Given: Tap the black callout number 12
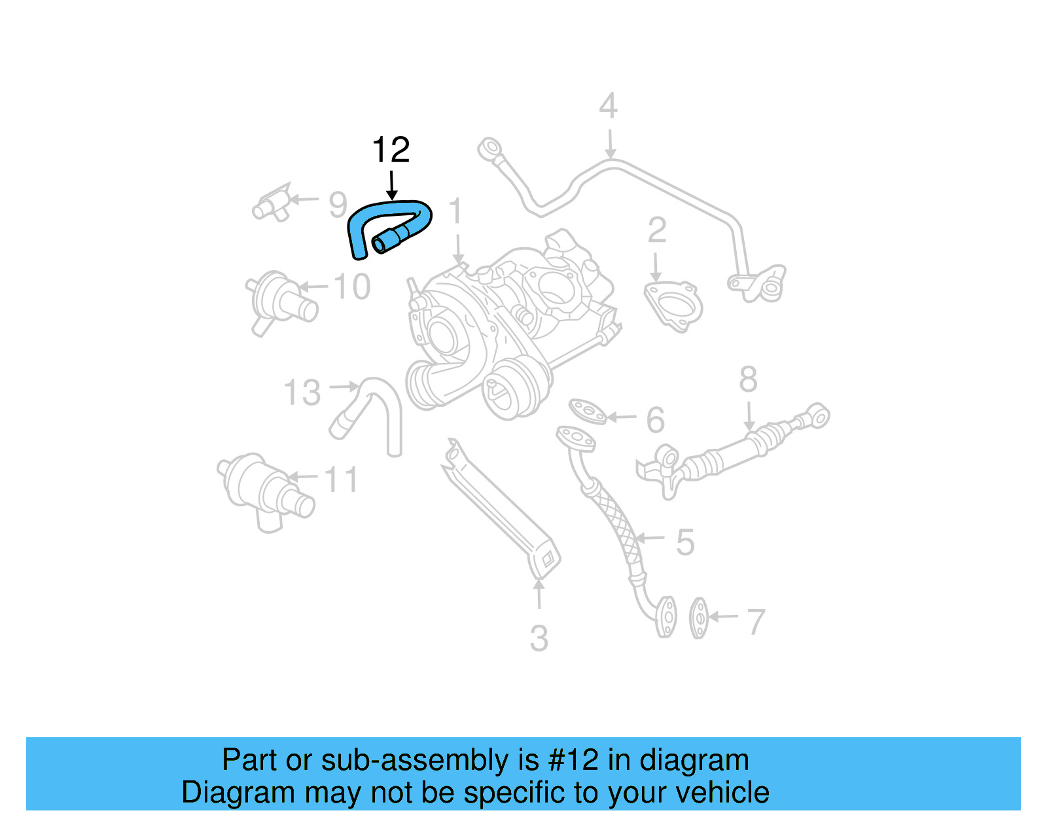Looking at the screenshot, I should tap(391, 150).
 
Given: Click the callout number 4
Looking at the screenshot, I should tap(608, 107).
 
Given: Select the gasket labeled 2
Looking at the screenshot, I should tap(673, 305).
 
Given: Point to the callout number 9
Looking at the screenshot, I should tap(338, 205).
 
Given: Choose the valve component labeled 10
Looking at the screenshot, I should tap(278, 301).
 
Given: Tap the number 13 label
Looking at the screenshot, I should tap(302, 393).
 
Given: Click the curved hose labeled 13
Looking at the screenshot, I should tap(380, 409).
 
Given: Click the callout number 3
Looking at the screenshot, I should tap(539, 638).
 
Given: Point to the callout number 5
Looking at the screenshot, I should tap(684, 542).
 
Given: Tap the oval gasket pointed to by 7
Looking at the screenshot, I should tap(698, 617).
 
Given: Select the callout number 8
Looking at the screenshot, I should tap(748, 379).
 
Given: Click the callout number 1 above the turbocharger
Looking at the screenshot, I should tap(456, 212).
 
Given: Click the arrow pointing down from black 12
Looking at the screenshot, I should tap(391, 185).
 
